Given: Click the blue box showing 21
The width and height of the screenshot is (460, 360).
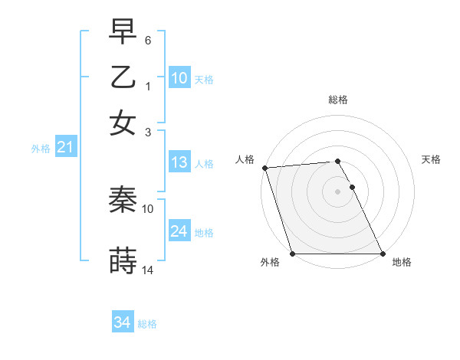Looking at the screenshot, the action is (x=64, y=148).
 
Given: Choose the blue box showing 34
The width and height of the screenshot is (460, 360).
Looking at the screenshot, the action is (x=122, y=322).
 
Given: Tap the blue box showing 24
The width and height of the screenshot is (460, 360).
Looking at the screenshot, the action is (x=179, y=231).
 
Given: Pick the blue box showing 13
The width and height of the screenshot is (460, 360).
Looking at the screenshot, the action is (x=179, y=162).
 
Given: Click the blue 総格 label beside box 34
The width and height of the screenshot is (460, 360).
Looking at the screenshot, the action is (x=147, y=324).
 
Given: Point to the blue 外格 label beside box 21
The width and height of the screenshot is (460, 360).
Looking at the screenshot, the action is (x=41, y=149).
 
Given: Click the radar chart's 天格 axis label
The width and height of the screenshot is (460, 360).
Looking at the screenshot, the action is (x=431, y=159).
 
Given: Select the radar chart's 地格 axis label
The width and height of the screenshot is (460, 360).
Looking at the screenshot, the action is (x=402, y=263).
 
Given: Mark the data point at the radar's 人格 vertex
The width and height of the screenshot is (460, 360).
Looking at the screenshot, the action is (x=264, y=168).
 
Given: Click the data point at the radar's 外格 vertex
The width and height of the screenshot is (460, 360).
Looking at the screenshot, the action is (x=292, y=254).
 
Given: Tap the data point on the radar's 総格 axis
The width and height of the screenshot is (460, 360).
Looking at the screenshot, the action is (x=337, y=161).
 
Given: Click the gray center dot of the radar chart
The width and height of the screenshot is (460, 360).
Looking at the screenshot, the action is (x=337, y=191).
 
